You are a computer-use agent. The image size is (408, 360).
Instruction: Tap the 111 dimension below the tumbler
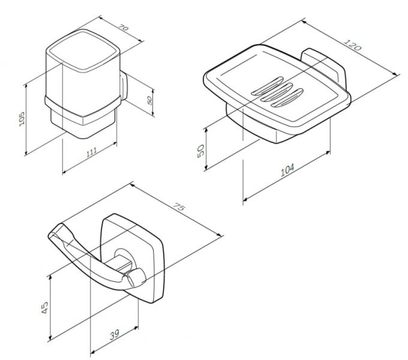click(92, 155)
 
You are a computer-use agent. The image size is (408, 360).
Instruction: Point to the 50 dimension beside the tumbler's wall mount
click(148, 100)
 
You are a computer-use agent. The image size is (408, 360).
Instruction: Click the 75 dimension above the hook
click(178, 206)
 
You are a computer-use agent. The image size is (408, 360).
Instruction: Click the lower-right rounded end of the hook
click(136, 278)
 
